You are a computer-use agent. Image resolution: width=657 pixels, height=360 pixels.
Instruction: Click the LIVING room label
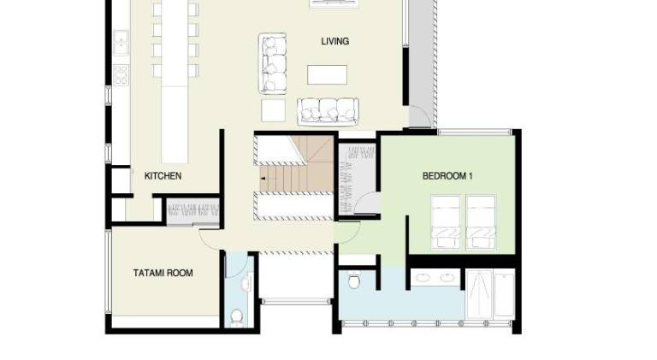[x=334, y=41]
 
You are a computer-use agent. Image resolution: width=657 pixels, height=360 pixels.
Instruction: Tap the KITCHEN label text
[x=163, y=176]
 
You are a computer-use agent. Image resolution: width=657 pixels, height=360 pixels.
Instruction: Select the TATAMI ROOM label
[x=163, y=273]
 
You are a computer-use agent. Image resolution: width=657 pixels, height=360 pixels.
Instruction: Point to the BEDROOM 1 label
[x=447, y=176]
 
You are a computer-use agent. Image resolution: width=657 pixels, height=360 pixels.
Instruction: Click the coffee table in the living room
[x=328, y=75]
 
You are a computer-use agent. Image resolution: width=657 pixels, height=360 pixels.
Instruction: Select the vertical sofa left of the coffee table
[x=273, y=63]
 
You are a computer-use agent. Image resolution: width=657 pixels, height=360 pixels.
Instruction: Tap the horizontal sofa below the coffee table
[x=328, y=111]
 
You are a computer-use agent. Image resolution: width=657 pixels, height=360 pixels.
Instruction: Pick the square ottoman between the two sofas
[x=273, y=110]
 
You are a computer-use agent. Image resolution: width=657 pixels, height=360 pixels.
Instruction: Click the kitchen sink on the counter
[x=121, y=42]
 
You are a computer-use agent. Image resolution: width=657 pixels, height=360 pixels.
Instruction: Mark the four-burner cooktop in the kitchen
[x=121, y=75]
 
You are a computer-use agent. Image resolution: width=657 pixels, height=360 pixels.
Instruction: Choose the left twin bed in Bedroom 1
[x=446, y=221]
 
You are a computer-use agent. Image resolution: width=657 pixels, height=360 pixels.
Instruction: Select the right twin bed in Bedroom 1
[x=481, y=221]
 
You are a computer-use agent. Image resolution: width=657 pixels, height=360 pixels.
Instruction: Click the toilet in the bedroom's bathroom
[x=354, y=280]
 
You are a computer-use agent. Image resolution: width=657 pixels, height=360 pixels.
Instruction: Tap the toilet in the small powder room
[x=237, y=317]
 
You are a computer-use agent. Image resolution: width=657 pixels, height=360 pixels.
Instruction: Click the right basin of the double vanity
[x=448, y=277]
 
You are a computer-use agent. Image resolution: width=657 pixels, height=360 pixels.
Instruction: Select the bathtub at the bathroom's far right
[x=504, y=294]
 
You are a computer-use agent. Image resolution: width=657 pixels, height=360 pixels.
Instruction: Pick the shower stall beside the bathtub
[x=479, y=294]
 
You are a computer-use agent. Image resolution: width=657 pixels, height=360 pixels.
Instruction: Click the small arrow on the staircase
[x=263, y=179]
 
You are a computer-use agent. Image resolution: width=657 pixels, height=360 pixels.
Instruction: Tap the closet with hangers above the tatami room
[x=193, y=211]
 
